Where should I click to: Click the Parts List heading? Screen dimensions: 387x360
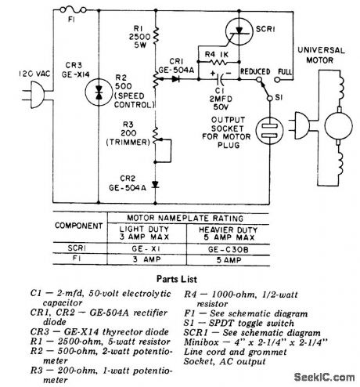[178, 277]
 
